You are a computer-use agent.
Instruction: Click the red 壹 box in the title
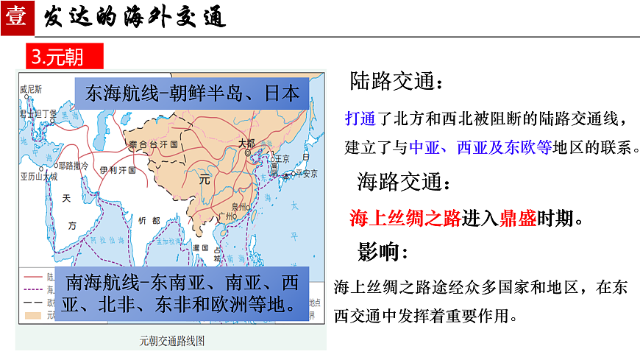15,17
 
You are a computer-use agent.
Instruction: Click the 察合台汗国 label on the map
153,144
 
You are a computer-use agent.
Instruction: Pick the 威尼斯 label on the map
31,89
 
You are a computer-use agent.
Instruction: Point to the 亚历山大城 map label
38,176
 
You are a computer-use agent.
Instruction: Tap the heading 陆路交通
397,82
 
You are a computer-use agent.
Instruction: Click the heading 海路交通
403,180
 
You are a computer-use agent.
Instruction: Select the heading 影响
383,252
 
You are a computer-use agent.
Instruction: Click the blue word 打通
360,118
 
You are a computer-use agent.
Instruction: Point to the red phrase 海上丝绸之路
405,218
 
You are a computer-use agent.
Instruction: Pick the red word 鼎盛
518,218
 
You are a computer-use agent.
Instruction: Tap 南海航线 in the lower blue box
99,283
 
